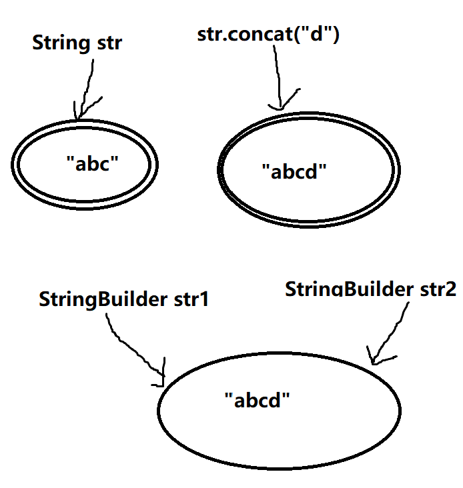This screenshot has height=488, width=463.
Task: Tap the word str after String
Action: tap(105, 45)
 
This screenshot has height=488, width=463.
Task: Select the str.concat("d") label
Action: tap(269, 35)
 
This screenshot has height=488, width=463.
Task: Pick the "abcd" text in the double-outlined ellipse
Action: tap(294, 171)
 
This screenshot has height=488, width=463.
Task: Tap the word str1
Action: tap(191, 299)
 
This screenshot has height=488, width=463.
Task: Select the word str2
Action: tap(434, 290)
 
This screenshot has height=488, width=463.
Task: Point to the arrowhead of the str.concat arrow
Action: tap(280, 105)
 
